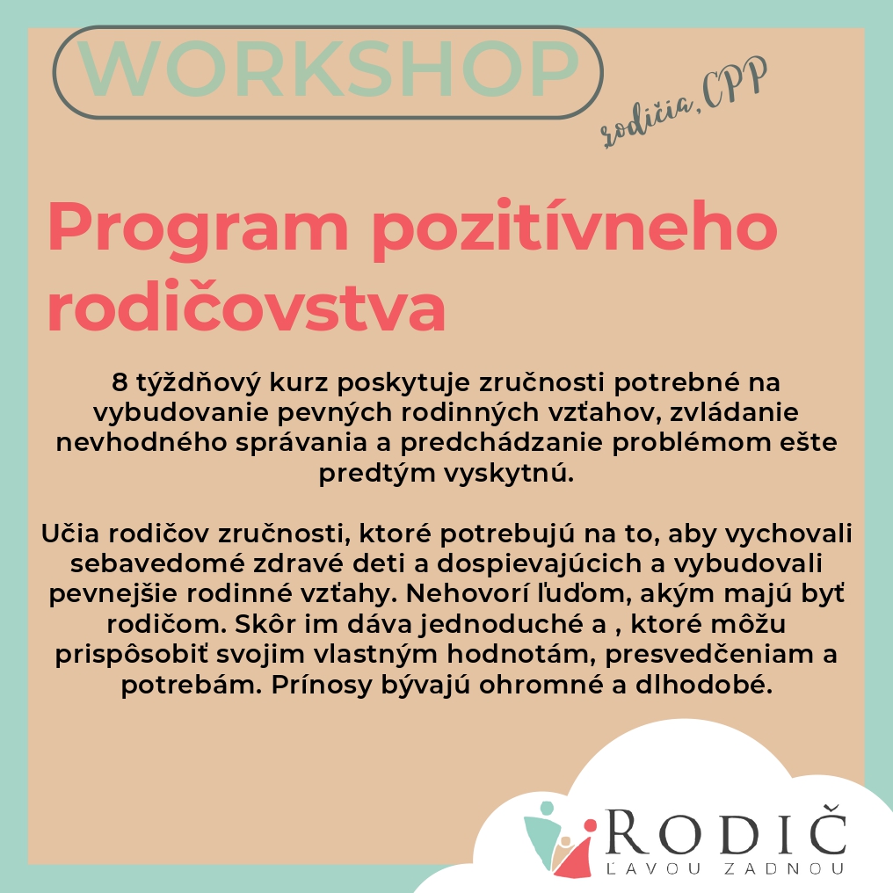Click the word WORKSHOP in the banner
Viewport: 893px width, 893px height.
(330, 69)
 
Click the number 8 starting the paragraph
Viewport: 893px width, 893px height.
(120, 382)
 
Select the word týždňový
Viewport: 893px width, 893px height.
(199, 382)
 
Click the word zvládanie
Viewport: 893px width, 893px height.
(734, 411)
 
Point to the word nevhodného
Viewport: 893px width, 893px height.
(142, 442)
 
